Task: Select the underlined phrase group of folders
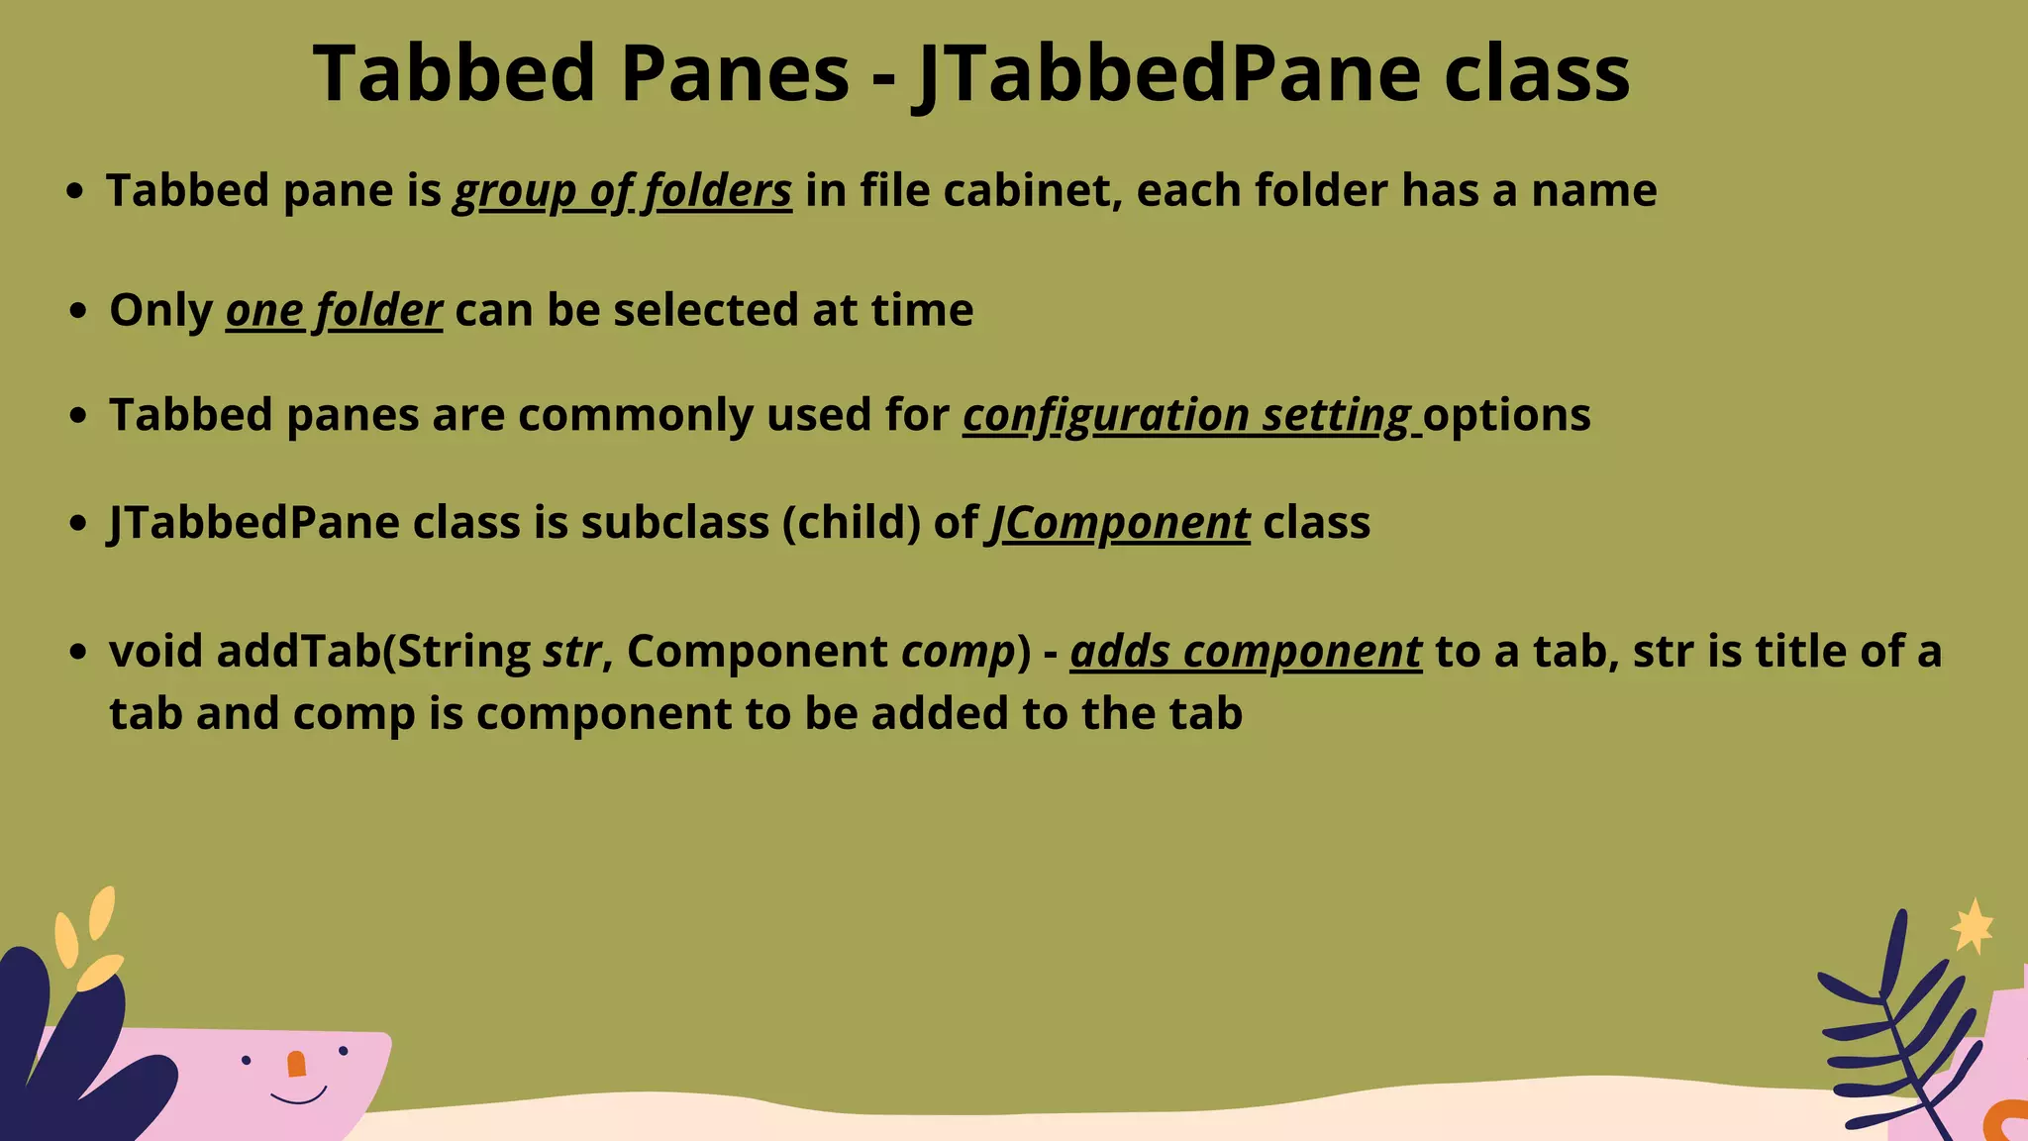click(x=623, y=191)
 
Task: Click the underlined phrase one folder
click(x=334, y=311)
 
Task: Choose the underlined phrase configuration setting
click(x=1187, y=415)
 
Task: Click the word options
click(x=1507, y=415)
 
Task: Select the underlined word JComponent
click(x=1120, y=523)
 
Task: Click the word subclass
click(x=674, y=523)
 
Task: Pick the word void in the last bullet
click(x=156, y=652)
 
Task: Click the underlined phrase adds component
click(x=1246, y=652)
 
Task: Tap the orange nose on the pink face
click(x=296, y=1064)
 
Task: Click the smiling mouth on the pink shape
click(x=298, y=1096)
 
